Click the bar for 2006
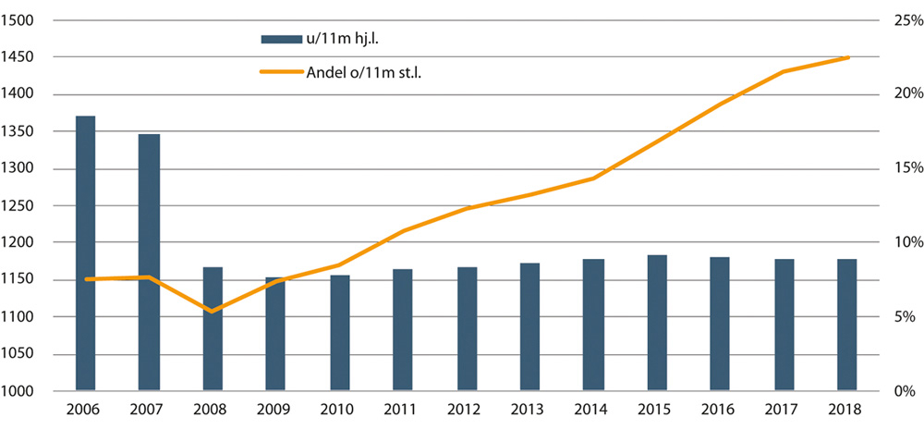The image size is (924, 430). (x=85, y=253)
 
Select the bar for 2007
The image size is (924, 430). (x=149, y=263)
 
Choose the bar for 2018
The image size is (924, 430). (x=847, y=325)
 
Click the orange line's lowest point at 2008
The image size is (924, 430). (x=213, y=312)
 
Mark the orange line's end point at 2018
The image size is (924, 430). (x=847, y=57)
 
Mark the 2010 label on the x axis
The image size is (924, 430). (x=339, y=410)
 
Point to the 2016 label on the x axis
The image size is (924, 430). (x=720, y=410)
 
